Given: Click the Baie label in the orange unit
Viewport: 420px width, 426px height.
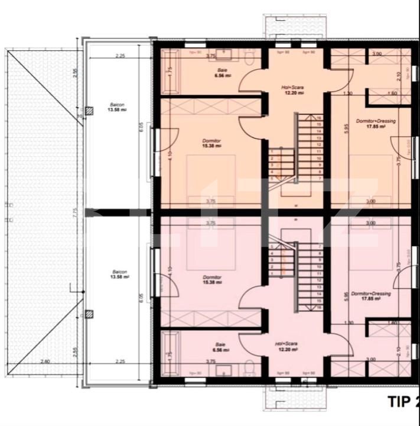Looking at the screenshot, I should [222, 73].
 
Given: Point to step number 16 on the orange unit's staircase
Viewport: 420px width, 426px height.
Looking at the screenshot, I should [319, 118].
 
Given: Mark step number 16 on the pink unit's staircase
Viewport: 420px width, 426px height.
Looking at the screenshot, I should [319, 308].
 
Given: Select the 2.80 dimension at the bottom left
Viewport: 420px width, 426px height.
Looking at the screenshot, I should [45, 362].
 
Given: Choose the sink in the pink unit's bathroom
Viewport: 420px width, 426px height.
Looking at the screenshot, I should [224, 371].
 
